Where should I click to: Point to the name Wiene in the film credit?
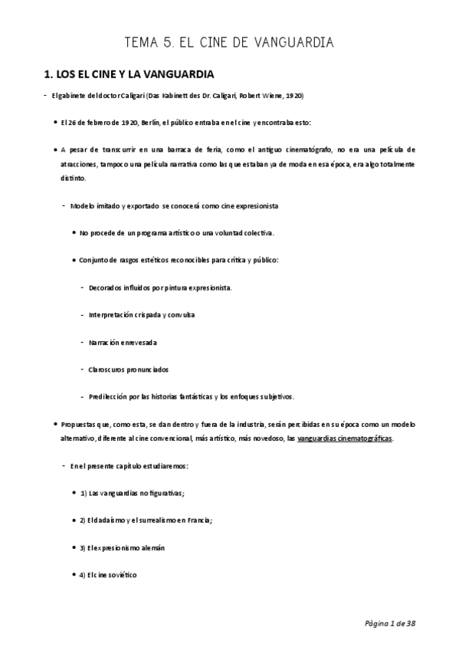[x=272, y=96]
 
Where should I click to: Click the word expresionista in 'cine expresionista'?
[x=257, y=205]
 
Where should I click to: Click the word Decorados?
[x=107, y=287]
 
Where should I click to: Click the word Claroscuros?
[x=110, y=369]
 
